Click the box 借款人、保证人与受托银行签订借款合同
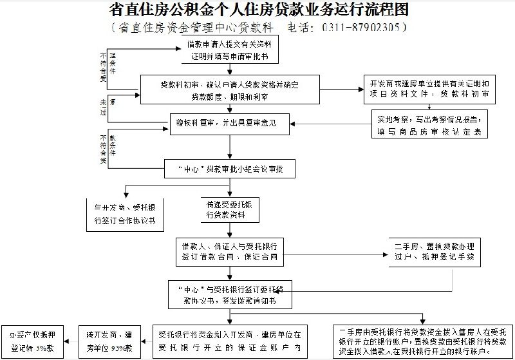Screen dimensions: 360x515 [230, 251]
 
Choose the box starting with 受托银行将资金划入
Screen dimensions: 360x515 [230, 340]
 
